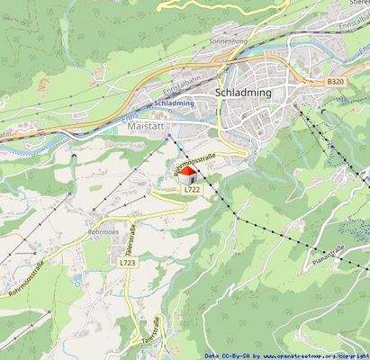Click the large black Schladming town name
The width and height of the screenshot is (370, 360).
(x=246, y=92)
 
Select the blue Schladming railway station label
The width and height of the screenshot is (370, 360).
(x=174, y=103)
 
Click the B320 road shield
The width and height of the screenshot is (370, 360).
(x=336, y=82)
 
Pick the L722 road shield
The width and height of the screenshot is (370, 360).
(x=192, y=190)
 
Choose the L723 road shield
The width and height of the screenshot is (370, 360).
(x=127, y=262)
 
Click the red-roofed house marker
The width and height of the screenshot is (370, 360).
(x=185, y=174)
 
